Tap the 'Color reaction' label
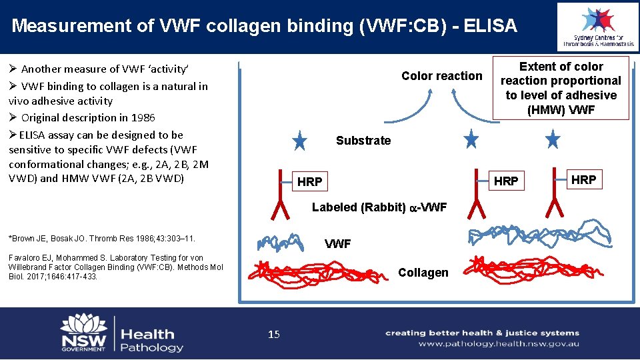click(x=441, y=76)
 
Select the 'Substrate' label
click(x=363, y=141)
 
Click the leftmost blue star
click(x=300, y=141)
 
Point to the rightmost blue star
click(x=553, y=140)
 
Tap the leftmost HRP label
click(x=310, y=181)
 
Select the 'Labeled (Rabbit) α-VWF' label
click(x=379, y=207)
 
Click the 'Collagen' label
click(x=423, y=272)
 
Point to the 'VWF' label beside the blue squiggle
click(x=337, y=244)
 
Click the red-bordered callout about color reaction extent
click(x=561, y=88)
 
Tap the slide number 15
click(x=273, y=334)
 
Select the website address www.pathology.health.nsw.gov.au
click(x=499, y=344)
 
